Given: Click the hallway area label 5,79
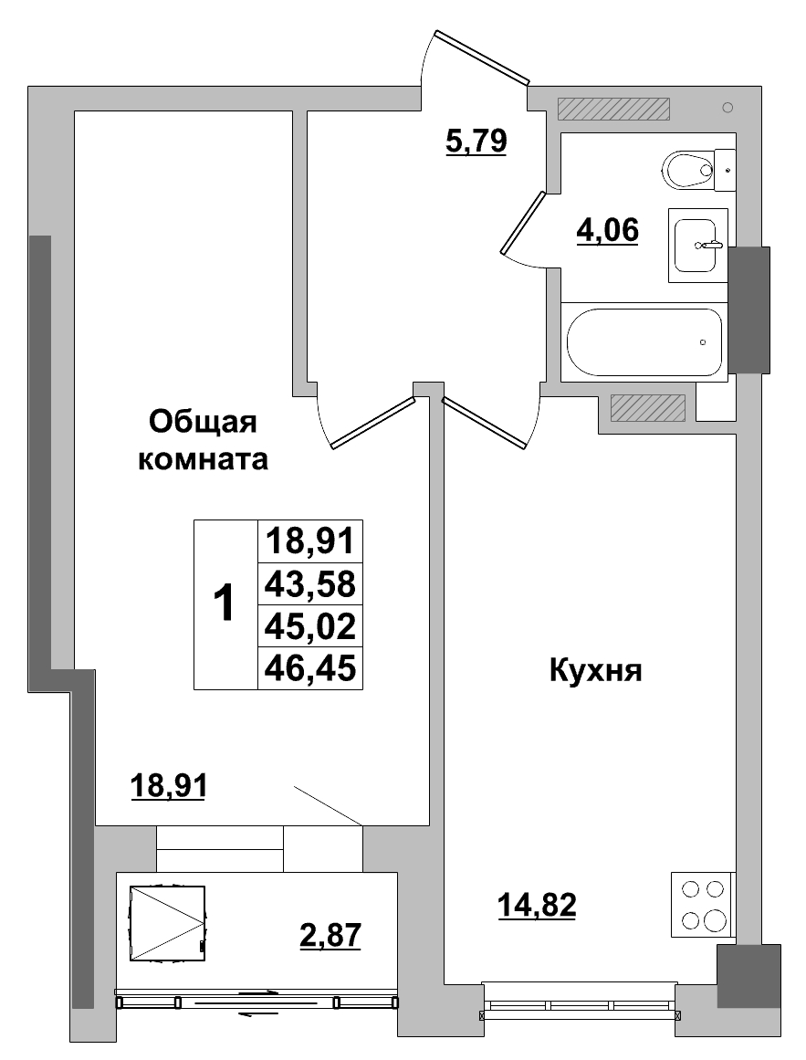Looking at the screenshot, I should [x=476, y=142].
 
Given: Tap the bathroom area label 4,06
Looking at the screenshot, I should [x=606, y=231].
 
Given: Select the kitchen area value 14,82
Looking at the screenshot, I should [x=537, y=906].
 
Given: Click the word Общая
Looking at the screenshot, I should [x=204, y=422].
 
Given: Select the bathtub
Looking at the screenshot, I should [x=644, y=341].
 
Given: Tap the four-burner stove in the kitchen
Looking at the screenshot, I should [x=703, y=904].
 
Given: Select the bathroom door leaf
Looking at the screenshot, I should [x=523, y=222].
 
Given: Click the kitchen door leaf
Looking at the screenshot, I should [x=486, y=422].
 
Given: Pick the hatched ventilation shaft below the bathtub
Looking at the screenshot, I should [x=647, y=407].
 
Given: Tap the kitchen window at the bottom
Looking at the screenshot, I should [x=579, y=1005].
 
